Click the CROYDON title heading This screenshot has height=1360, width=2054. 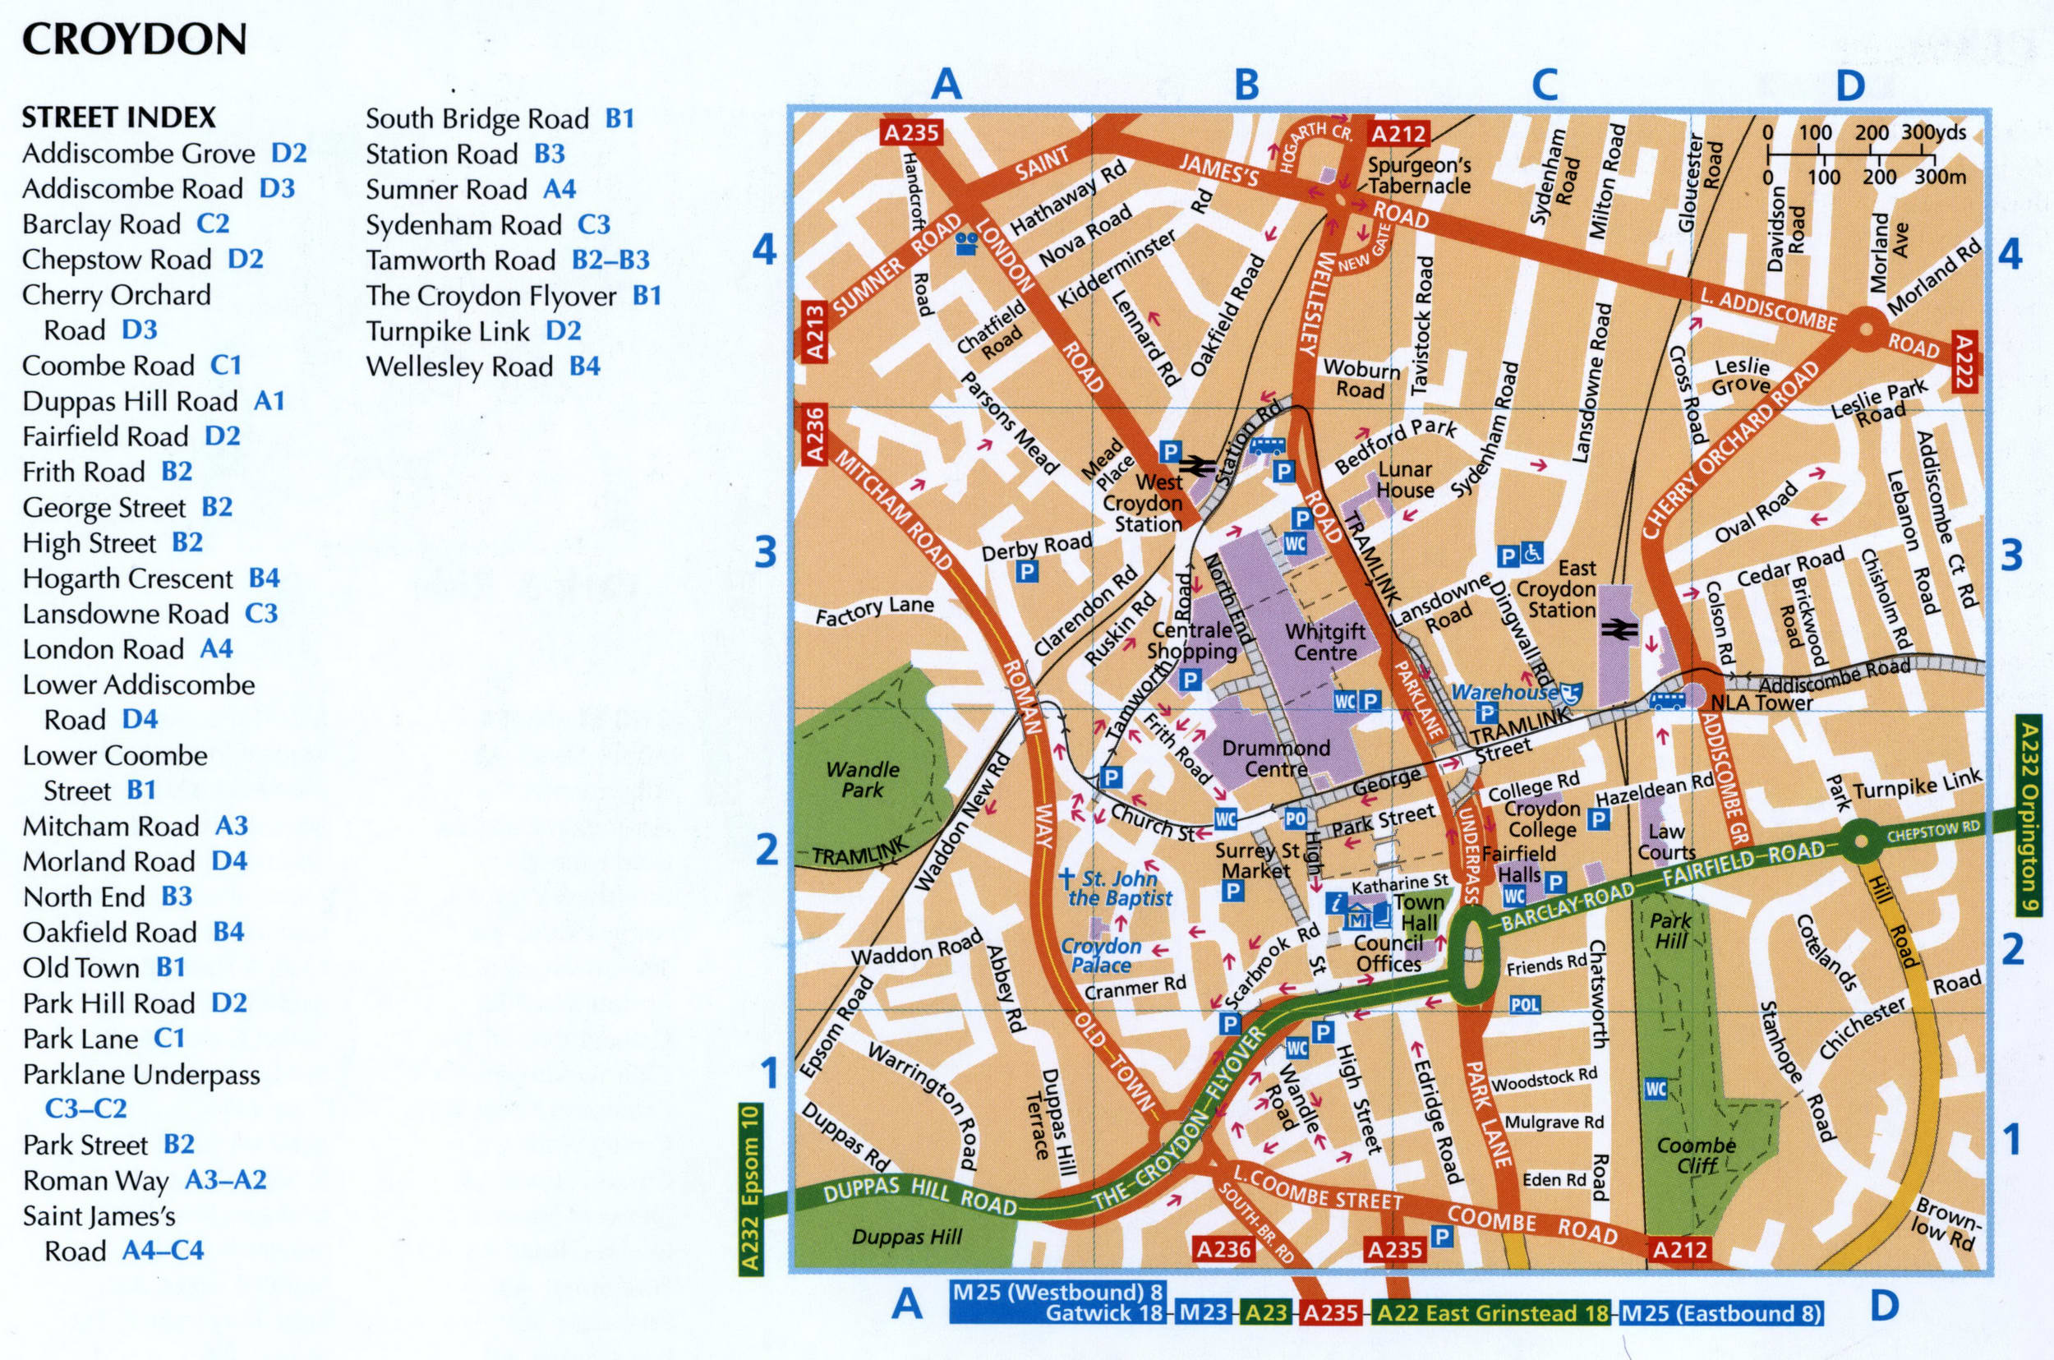pyautogui.click(x=135, y=39)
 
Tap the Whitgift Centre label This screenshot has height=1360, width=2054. pyautogui.click(x=1324, y=642)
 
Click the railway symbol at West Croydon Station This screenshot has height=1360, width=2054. pyautogui.click(x=1196, y=466)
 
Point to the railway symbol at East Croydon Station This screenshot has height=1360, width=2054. pyautogui.click(x=1618, y=629)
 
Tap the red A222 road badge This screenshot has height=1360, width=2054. pyautogui.click(x=1964, y=360)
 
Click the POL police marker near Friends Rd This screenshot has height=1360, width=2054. pyautogui.click(x=1524, y=1005)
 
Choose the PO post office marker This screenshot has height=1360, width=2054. pyautogui.click(x=1295, y=818)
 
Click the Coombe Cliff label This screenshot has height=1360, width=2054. pyautogui.click(x=1696, y=1155)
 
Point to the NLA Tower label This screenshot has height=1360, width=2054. pyautogui.click(x=1760, y=703)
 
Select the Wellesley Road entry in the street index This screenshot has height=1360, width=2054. pyautogui.click(x=482, y=367)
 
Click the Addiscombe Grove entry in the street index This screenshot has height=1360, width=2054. pyautogui.click(x=163, y=154)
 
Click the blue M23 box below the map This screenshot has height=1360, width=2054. pyautogui.click(x=1204, y=1312)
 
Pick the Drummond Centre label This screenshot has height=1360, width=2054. pyautogui.click(x=1275, y=758)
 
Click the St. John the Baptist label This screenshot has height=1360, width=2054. pyautogui.click(x=1118, y=888)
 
